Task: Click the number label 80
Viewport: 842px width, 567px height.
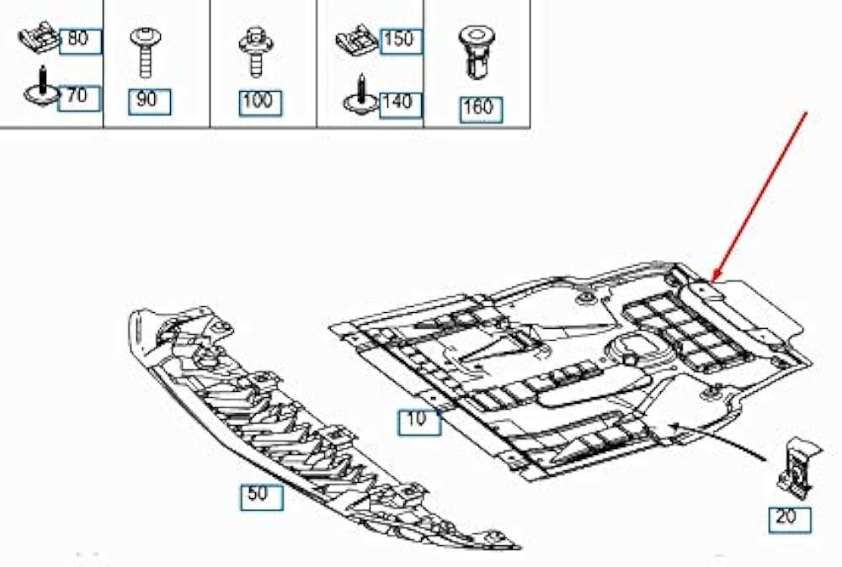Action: [80, 40]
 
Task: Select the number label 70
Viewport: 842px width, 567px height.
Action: [78, 98]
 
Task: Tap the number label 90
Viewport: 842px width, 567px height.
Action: [149, 102]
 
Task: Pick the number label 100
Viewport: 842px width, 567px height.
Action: [260, 103]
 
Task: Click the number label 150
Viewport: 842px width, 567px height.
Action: [401, 41]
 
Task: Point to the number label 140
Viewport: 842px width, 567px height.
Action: [400, 104]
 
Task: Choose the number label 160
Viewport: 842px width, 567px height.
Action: [481, 109]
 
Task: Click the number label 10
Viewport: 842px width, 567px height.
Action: [419, 421]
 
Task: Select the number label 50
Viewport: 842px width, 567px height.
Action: [262, 496]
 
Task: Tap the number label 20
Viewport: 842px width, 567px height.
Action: [790, 519]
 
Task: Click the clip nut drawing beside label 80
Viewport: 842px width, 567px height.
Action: [40, 38]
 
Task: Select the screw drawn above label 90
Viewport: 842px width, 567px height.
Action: [145, 52]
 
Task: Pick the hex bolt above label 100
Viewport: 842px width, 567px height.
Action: [257, 53]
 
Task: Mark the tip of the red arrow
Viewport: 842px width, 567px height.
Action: [712, 281]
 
